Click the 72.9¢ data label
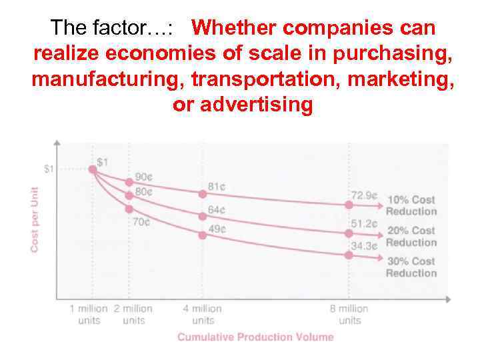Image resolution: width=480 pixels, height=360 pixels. click(365, 196)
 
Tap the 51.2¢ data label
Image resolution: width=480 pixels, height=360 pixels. click(365, 223)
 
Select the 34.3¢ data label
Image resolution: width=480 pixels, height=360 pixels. click(365, 245)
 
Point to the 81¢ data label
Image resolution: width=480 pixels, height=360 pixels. click(217, 187)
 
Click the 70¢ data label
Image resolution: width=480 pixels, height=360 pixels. click(141, 221)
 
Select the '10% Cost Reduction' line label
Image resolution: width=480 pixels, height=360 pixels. click(411, 205)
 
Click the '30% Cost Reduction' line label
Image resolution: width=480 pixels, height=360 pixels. click(411, 267)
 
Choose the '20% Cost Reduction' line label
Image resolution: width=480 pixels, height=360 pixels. click(411, 236)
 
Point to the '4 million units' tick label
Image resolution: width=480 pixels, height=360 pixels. click(203, 314)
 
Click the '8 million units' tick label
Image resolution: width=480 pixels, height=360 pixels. click(349, 314)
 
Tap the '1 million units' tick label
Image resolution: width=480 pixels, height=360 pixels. click(89, 314)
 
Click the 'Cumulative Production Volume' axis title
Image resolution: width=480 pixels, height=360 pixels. click(255, 337)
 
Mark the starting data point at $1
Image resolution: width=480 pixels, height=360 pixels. click(93, 169)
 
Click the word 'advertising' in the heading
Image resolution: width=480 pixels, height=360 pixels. click(255, 105)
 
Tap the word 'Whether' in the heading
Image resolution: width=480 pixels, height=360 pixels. click(237, 28)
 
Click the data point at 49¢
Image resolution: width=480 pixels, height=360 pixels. click(202, 235)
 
